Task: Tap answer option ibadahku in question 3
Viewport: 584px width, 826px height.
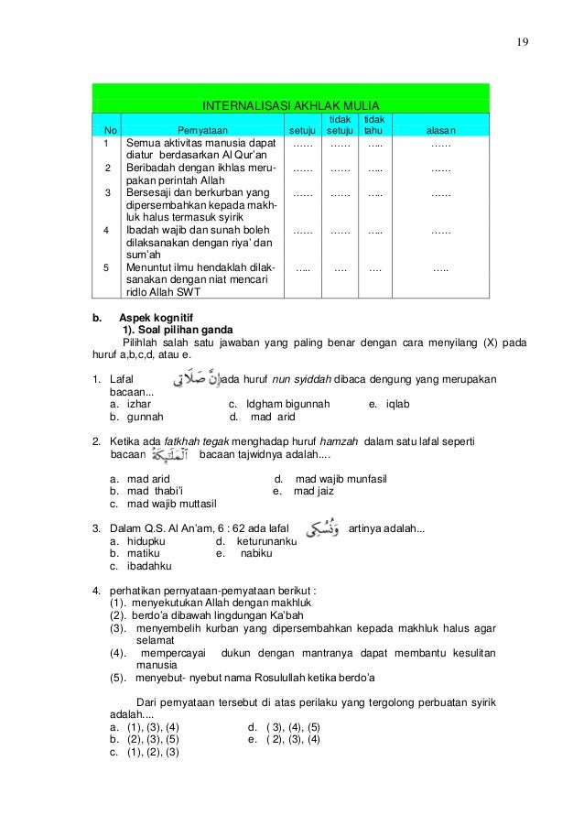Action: click(150, 567)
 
